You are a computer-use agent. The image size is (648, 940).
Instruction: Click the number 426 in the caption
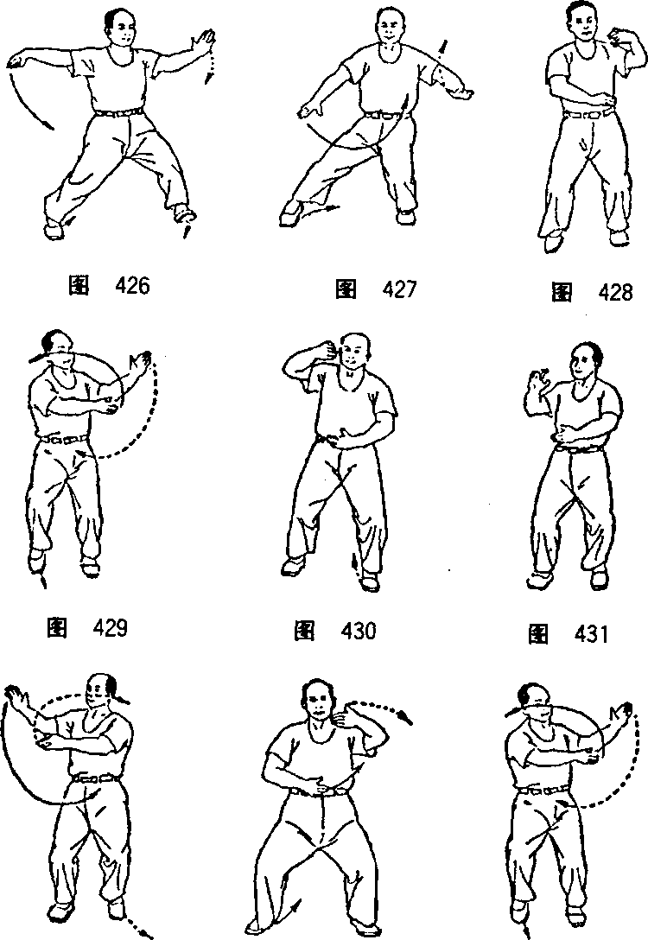131,286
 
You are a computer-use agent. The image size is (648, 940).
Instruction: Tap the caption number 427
398,289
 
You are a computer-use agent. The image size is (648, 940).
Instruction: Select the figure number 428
616,293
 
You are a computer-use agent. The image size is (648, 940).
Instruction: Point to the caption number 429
110,627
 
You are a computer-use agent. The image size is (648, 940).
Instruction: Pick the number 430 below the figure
358,631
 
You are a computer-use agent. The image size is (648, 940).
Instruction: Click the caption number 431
591,633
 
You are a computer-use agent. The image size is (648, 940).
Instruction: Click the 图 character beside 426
79,286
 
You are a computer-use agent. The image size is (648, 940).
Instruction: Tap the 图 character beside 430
304,631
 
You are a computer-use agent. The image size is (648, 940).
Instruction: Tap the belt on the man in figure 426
119,112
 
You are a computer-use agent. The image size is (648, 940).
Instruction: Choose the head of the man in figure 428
584,22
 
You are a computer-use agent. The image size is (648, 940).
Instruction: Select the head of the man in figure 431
584,361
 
